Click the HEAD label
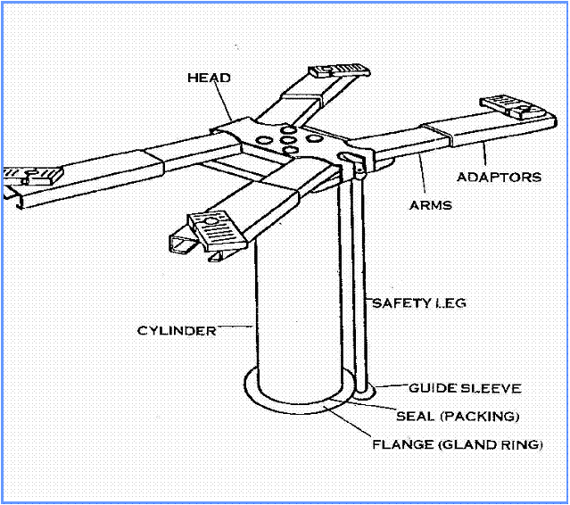pyautogui.click(x=210, y=78)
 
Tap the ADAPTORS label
pyautogui.click(x=498, y=177)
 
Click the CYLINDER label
pyautogui.click(x=177, y=331)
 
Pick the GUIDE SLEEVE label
pyautogui.click(x=465, y=388)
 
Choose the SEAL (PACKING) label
pyautogui.click(x=458, y=416)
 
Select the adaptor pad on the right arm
pyautogui.click(x=515, y=108)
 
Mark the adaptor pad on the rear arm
pyautogui.click(x=338, y=72)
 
